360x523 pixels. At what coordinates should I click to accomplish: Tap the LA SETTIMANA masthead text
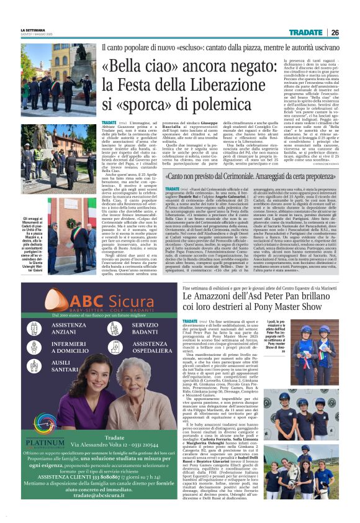[x=33, y=29]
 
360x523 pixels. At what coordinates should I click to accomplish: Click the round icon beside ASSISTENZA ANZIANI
[x=35, y=329]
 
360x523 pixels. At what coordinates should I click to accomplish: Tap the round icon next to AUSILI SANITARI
[x=35, y=363]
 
